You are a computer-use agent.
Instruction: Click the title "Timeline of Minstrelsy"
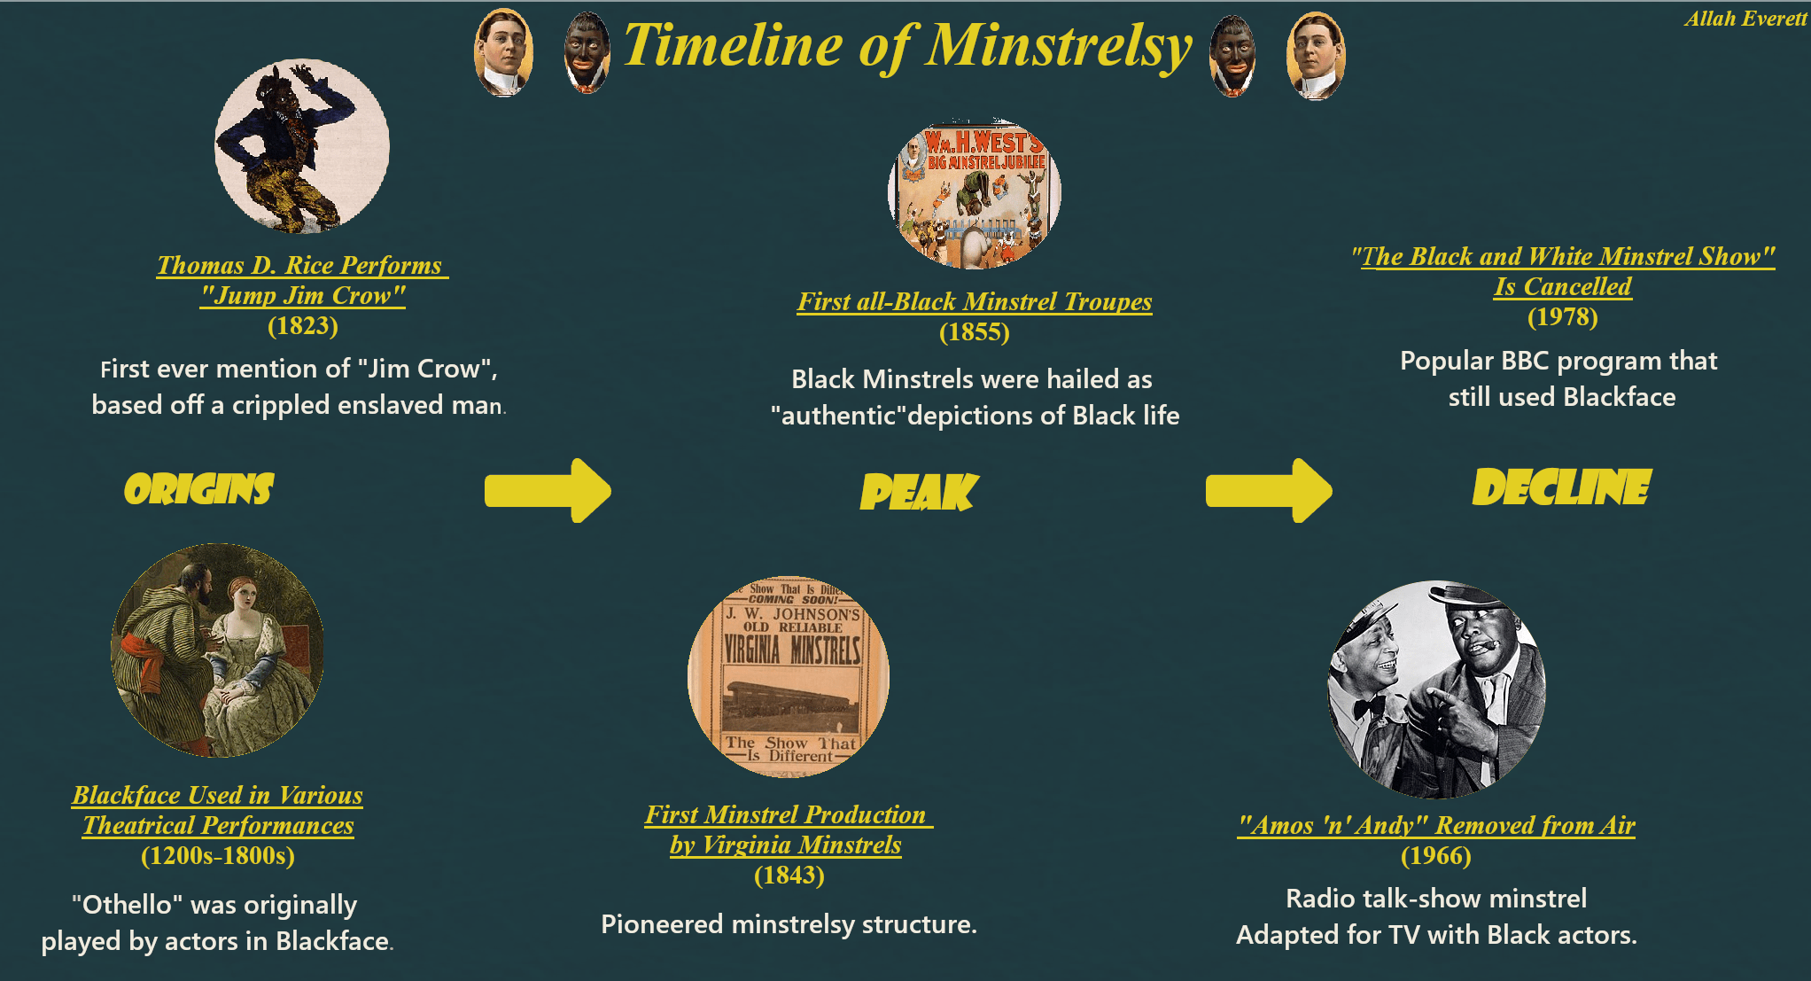coord(907,46)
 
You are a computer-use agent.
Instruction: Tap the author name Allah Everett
coord(1745,19)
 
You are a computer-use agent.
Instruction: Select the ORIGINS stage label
coord(199,489)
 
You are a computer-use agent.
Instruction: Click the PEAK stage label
coord(919,492)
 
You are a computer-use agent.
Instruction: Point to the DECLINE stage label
coord(1561,487)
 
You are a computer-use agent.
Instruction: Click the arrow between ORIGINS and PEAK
coord(548,490)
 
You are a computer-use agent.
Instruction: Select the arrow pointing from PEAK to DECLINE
coord(1268,490)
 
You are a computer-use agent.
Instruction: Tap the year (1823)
coord(303,326)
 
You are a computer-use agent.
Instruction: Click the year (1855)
coord(975,332)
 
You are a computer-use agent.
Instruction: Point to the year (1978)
coord(1563,317)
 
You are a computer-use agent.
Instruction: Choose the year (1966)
coord(1436,856)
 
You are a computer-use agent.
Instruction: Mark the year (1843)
coord(789,876)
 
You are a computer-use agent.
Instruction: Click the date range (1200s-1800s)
coord(218,856)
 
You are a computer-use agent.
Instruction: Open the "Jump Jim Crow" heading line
coord(303,295)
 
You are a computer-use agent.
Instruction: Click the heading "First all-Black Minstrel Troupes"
coord(975,301)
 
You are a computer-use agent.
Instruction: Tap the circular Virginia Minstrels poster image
coord(789,677)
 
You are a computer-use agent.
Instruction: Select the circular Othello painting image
coord(217,650)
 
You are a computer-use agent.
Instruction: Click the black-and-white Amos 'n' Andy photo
coord(1436,689)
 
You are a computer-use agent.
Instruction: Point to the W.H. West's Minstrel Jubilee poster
coord(975,193)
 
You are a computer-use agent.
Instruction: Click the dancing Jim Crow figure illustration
coord(302,146)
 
